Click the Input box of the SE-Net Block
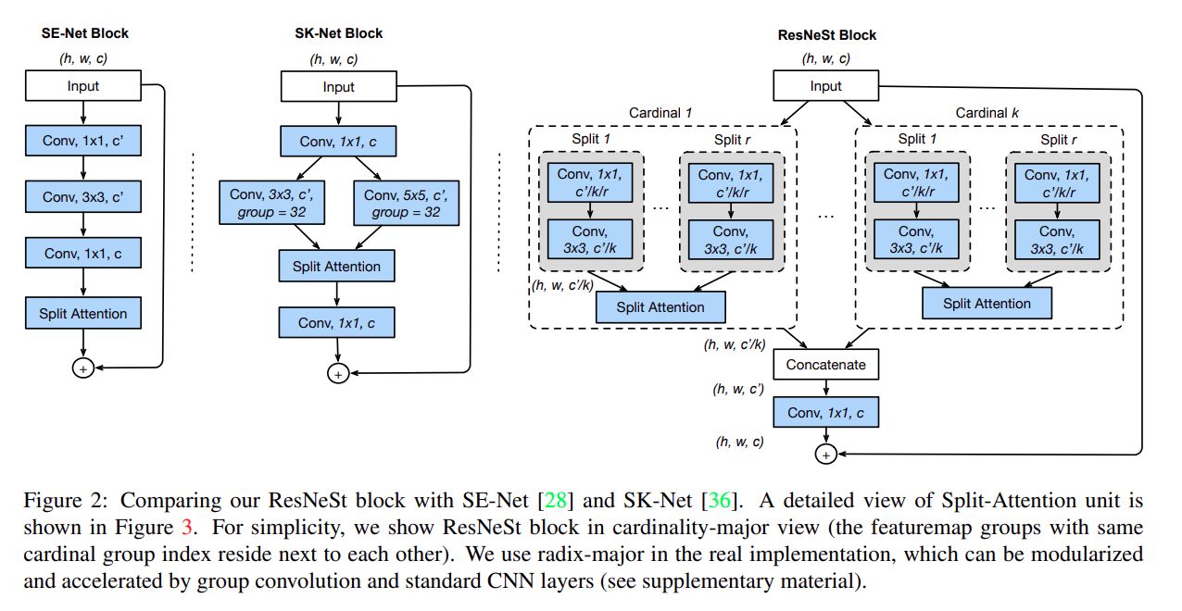click(83, 86)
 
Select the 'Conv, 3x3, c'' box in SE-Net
click(83, 197)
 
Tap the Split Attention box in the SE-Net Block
click(83, 314)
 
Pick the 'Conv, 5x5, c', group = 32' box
click(406, 203)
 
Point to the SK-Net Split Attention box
click(337, 267)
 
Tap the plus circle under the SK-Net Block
click(337, 374)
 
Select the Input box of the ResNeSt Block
click(825, 86)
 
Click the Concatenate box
click(825, 365)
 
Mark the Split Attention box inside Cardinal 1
click(660, 307)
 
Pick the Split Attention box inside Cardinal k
click(987, 304)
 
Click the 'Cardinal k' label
click(988, 113)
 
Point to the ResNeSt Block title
click(826, 35)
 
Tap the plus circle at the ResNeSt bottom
click(825, 455)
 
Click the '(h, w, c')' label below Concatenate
click(738, 390)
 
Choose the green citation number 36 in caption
click(719, 502)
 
